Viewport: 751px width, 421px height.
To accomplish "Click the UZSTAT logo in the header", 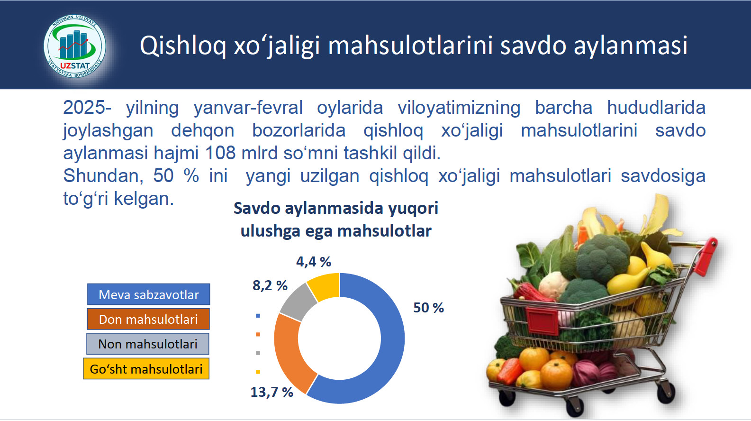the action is tap(75, 46).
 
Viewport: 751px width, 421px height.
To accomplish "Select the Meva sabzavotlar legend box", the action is tap(148, 294).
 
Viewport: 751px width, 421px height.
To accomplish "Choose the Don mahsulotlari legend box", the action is tap(148, 319).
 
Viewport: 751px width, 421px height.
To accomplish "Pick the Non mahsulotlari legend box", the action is tap(147, 344).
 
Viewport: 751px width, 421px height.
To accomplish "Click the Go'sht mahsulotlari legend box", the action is tap(146, 369).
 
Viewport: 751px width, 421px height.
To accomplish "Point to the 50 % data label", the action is tap(428, 308).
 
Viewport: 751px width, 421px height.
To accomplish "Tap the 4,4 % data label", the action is tap(314, 262).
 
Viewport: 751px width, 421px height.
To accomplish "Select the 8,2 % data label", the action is tap(270, 285).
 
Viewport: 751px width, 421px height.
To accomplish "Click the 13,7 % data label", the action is tap(271, 392).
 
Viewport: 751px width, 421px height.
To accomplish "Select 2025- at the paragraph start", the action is tap(87, 108).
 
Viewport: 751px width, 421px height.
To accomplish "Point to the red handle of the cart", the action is tap(707, 256).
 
